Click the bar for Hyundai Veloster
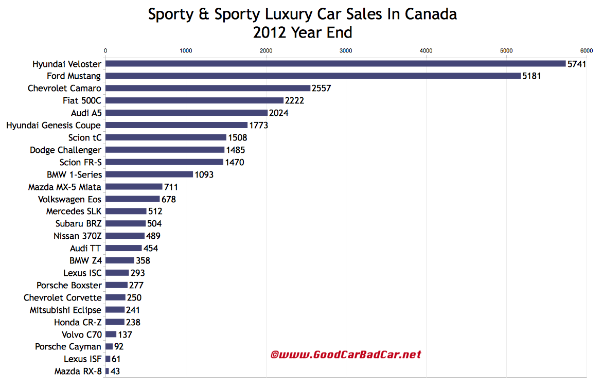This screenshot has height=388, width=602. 335,64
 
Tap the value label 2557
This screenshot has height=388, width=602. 321,89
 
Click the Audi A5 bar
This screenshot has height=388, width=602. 186,113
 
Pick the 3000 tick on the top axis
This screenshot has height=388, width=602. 346,50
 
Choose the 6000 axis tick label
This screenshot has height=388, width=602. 586,50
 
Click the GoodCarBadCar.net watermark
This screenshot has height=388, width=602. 346,355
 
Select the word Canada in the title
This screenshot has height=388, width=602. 431,14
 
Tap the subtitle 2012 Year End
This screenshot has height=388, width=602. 303,32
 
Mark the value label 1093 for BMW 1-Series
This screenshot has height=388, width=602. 204,175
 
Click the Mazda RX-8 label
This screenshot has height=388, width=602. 78,371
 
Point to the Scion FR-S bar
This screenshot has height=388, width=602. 164,162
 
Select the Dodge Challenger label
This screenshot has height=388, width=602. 65,150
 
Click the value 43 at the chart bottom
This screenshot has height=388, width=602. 115,371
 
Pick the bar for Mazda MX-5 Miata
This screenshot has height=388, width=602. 134,187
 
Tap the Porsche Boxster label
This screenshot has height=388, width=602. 69,285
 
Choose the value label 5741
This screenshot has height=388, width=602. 577,64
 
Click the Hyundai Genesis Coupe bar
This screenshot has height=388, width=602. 176,125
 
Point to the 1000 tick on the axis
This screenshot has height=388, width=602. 186,50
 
